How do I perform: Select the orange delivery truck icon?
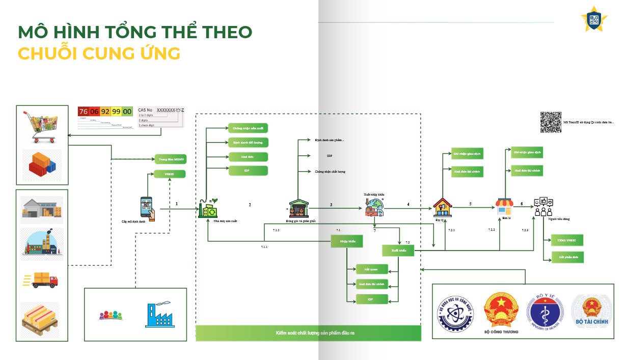coord(42,280)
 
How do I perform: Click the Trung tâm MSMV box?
coord(170,160)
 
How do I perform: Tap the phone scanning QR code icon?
coord(147,208)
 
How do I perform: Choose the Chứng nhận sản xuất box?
coord(247,128)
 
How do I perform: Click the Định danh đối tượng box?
coord(247,142)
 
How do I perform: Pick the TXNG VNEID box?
coord(567,240)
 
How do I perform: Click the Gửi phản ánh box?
coord(567,258)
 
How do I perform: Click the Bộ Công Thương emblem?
coord(501,311)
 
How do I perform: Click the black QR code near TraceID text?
coord(551,122)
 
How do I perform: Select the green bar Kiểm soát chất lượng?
coord(308,333)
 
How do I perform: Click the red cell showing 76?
coord(84,112)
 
